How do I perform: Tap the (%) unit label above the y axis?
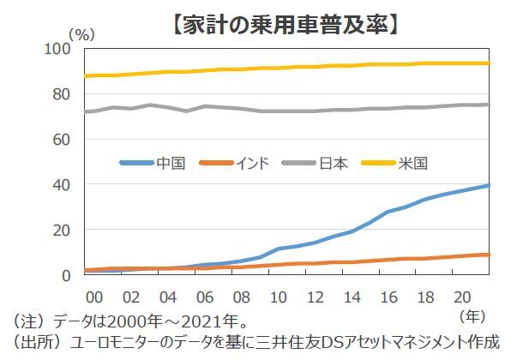pos(81,35)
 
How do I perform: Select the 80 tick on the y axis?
pos(62,93)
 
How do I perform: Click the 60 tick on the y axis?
pos(62,139)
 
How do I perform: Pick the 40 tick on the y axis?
pos(62,184)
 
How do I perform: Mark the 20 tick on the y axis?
pos(62,230)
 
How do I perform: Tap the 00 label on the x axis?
pos(94,297)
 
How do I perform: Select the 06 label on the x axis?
pos(205,297)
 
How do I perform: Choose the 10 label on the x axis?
pos(279,297)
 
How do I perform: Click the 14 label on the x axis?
pos(352,297)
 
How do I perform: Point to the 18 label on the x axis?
pos(426,297)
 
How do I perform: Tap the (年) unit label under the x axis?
pos(473,315)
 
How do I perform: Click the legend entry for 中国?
pos(171,163)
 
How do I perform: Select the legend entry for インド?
pos(249,163)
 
